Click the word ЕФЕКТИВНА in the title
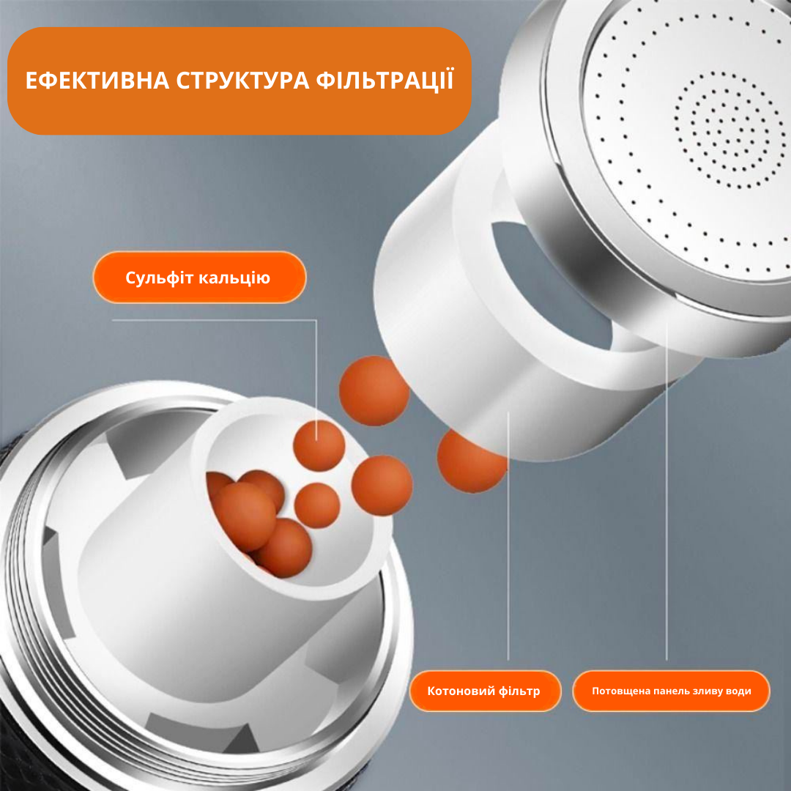click(x=97, y=81)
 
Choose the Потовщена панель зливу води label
click(x=671, y=691)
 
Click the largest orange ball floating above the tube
click(x=374, y=390)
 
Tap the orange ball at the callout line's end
click(x=319, y=445)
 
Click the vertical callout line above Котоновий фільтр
click(x=508, y=535)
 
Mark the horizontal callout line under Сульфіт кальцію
click(x=215, y=320)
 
